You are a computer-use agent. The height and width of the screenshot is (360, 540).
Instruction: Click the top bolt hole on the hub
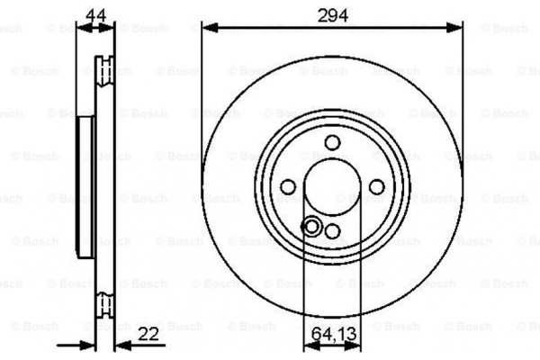[332, 141]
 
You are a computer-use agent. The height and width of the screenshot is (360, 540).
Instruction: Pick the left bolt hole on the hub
[288, 186]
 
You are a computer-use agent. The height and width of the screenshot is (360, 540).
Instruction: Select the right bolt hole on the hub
[376, 186]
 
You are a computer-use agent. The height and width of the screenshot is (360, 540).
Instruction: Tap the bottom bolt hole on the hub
[332, 231]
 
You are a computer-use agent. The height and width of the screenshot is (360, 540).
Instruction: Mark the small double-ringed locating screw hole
[312, 226]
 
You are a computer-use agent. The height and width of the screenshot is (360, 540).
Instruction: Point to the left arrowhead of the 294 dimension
[208, 28]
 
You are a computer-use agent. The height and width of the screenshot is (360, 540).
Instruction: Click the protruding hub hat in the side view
[85, 186]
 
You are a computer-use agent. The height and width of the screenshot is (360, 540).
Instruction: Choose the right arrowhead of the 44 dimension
[111, 28]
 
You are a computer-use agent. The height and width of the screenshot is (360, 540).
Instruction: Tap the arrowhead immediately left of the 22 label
[120, 345]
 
